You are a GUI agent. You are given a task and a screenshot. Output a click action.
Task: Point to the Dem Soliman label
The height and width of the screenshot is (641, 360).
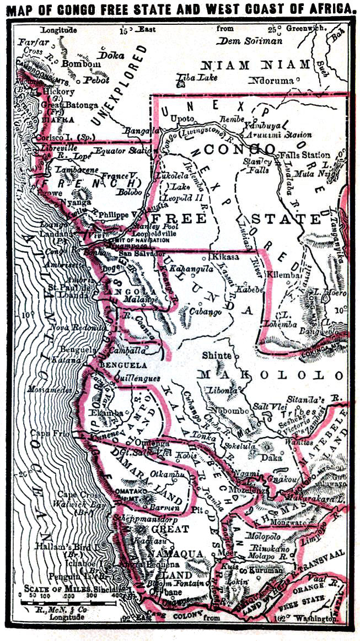[x=250, y=40]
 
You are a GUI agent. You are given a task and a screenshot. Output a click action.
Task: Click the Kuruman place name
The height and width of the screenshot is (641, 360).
[x=265, y=572]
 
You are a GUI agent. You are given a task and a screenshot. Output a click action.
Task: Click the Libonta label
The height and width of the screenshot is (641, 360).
[x=222, y=390]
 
